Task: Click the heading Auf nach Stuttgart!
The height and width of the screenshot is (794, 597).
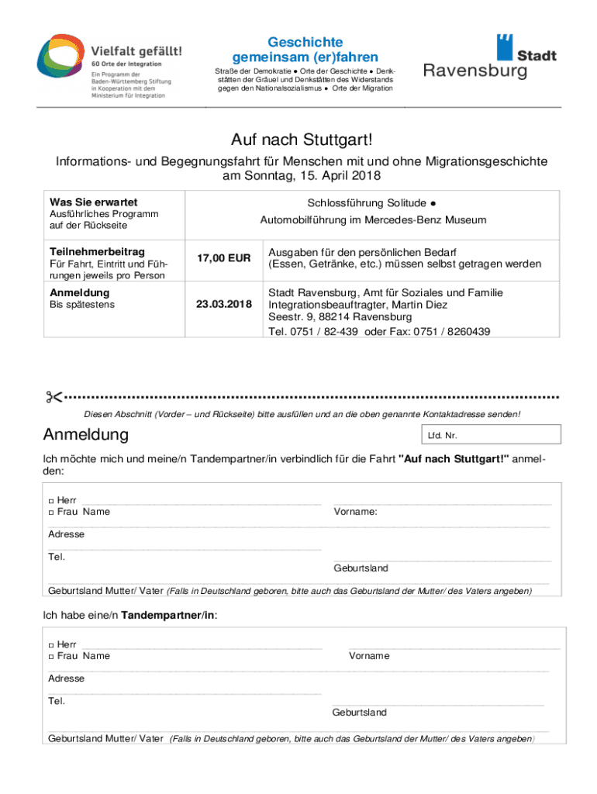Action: (301, 140)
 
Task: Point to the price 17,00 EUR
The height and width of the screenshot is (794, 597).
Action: (223, 258)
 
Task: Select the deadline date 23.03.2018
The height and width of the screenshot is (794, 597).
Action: (223, 305)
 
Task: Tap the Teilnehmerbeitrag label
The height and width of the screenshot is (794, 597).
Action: (97, 252)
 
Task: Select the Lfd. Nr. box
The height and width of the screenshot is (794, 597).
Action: (489, 435)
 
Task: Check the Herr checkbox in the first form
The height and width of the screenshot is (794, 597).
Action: (51, 500)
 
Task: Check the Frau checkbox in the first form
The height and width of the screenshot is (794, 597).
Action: (51, 513)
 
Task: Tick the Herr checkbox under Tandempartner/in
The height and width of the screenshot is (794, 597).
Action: (51, 644)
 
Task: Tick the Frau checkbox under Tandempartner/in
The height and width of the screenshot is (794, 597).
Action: (51, 657)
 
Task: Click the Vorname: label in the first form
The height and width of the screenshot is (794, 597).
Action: (355, 512)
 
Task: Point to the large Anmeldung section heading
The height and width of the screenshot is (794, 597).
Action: (86, 434)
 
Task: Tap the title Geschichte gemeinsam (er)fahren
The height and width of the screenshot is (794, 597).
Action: (305, 50)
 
